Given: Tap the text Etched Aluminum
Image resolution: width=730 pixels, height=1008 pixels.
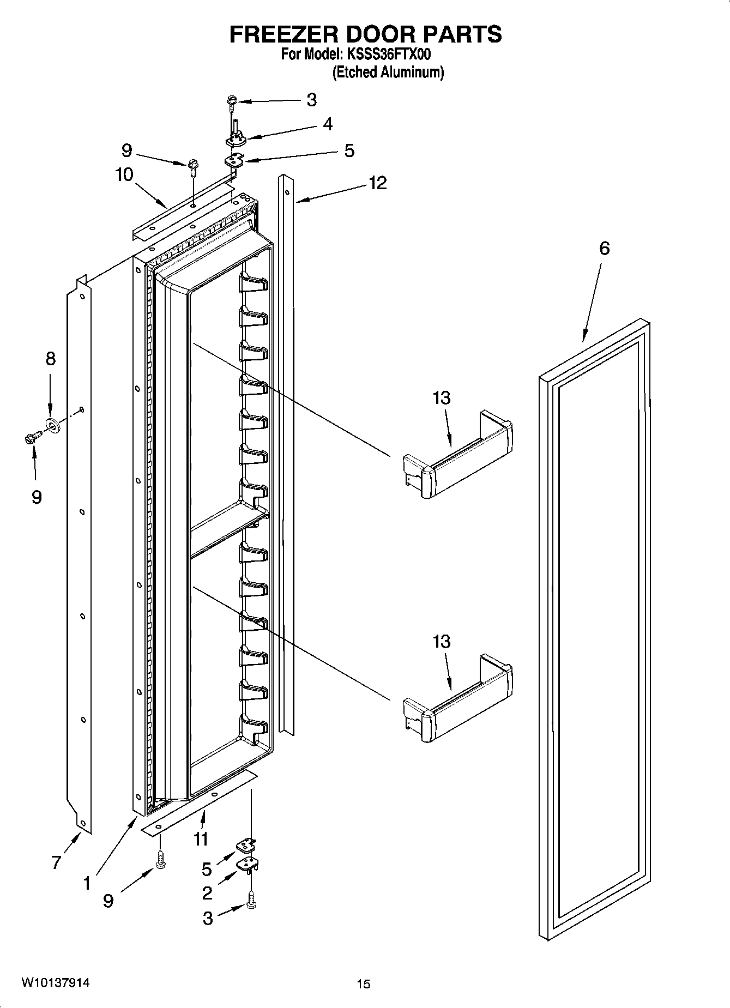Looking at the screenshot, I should click(x=388, y=73).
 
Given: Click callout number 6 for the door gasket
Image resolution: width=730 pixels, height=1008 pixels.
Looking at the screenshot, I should click(x=604, y=249).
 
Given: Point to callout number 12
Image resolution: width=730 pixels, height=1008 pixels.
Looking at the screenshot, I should click(x=377, y=183).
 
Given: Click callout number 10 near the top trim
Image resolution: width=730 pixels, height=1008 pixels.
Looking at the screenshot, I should click(x=124, y=175).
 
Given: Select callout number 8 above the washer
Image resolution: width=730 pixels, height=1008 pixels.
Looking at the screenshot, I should click(x=50, y=359).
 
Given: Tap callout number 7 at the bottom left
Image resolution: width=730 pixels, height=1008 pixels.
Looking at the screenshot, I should click(x=56, y=862).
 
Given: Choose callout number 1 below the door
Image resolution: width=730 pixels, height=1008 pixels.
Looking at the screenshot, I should click(x=87, y=883).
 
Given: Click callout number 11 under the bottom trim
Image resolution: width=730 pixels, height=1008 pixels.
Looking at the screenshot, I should click(x=201, y=838).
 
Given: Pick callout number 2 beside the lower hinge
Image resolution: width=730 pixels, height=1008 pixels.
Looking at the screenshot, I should click(x=207, y=893).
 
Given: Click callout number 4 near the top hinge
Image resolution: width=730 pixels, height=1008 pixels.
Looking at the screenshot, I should click(x=327, y=124).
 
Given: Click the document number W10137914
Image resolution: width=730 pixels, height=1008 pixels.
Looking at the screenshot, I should click(x=56, y=983).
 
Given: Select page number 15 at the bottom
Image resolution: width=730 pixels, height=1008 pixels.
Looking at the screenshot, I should click(x=364, y=984).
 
